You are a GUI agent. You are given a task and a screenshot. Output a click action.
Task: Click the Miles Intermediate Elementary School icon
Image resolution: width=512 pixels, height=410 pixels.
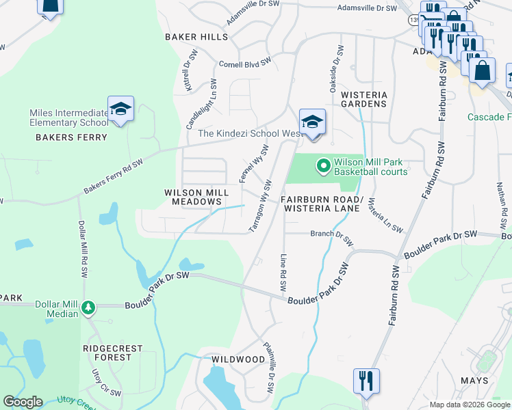coord(120,109)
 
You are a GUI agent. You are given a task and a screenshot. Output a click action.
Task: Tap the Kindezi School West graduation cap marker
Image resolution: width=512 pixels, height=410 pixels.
coord(312,122)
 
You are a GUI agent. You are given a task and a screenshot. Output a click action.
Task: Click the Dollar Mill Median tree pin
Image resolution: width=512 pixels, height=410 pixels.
coord(88,308)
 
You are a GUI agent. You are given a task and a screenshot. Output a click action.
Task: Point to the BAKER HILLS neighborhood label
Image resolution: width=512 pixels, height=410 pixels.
coord(191,37)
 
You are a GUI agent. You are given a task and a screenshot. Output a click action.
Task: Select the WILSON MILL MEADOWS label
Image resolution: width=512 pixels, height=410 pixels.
coord(193,197)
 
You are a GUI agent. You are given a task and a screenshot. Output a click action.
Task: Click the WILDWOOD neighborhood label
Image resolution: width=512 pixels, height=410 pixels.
coord(238,359)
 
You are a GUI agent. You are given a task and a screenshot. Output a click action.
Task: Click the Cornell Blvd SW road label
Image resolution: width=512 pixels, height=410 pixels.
coord(244,62)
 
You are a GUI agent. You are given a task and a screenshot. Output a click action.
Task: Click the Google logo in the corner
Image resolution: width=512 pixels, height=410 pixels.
coord(23,402)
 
